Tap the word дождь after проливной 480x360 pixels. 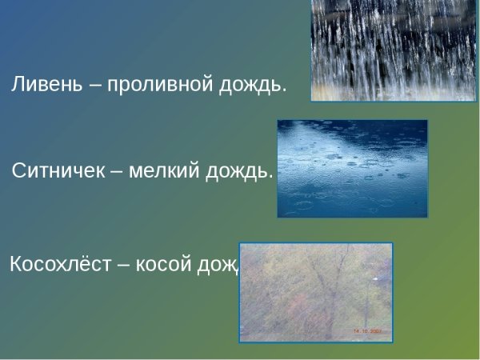coord(254,85)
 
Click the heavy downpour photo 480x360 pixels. coord(370,50)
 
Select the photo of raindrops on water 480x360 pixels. coord(352,168)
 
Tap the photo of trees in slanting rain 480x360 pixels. coord(316,292)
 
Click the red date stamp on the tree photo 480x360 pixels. coord(367,331)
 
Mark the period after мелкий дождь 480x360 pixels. coord(270,177)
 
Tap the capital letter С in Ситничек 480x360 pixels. coord(19,171)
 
